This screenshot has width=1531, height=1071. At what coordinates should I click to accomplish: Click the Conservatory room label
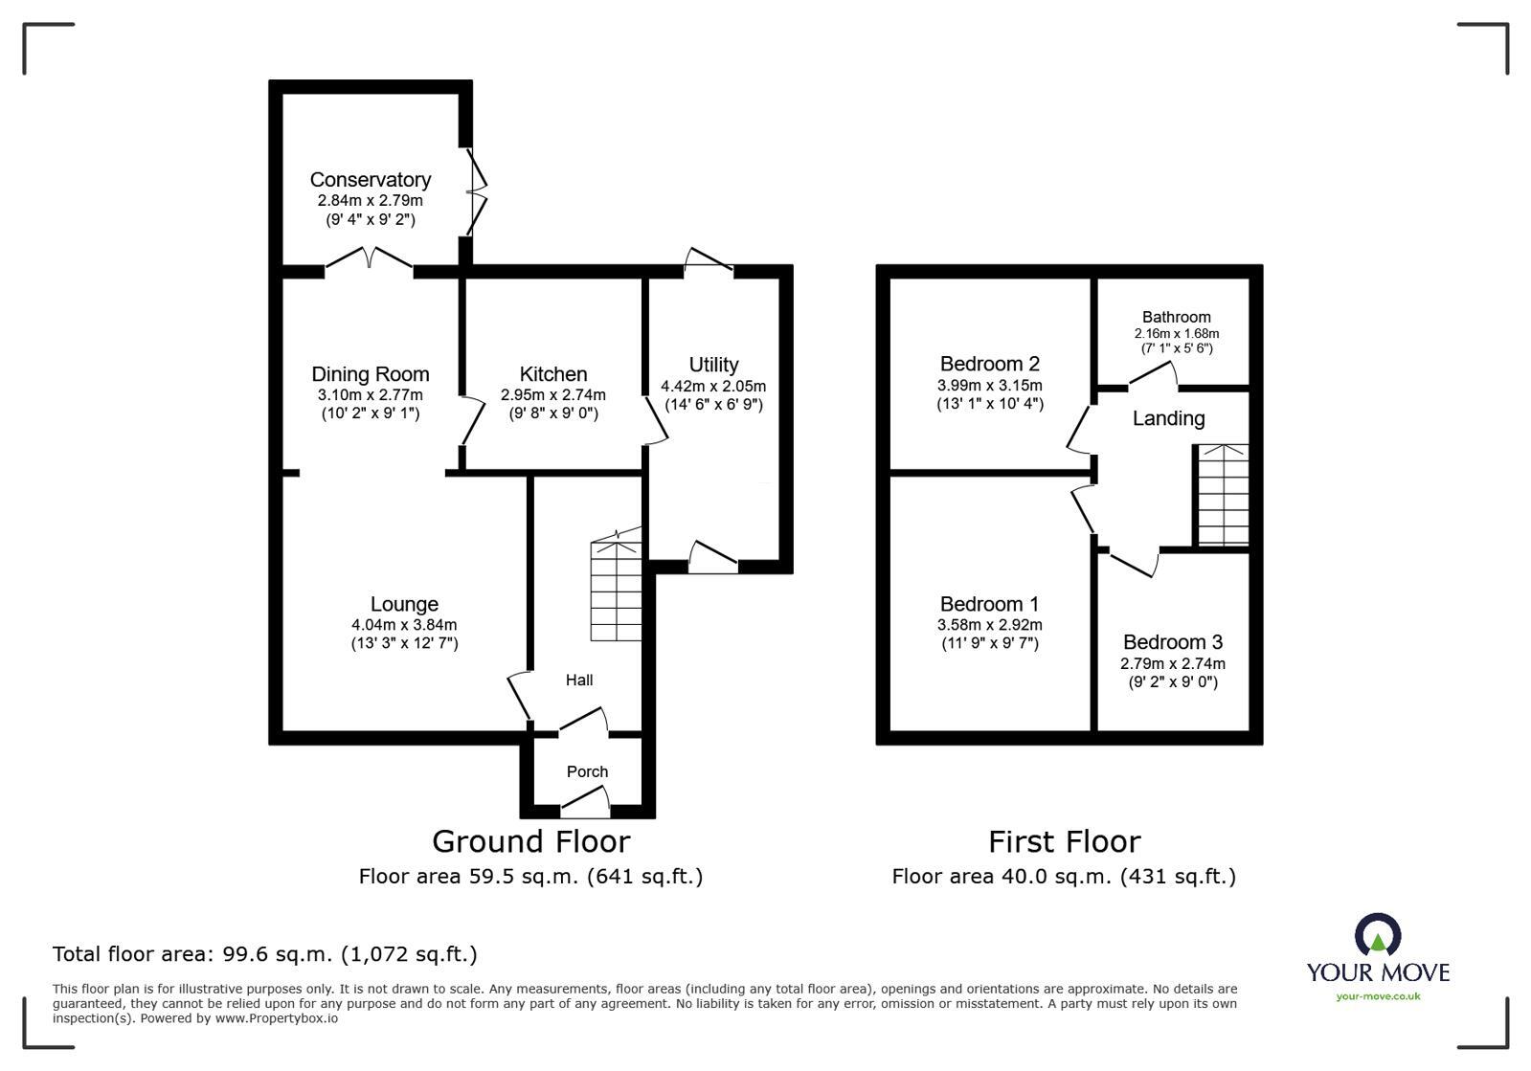pyautogui.click(x=370, y=180)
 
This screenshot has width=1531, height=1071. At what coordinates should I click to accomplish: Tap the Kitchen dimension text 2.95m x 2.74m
pyautogui.click(x=552, y=394)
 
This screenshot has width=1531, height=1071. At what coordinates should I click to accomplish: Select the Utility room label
pyautogui.click(x=713, y=365)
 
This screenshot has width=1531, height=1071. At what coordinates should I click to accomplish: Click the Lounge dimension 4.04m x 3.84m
pyautogui.click(x=404, y=624)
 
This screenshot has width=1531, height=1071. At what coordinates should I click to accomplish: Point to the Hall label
pyautogui.click(x=579, y=680)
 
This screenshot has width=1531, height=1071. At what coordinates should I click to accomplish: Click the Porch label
pyautogui.click(x=587, y=771)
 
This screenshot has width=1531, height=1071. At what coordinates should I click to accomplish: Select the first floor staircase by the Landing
pyautogui.click(x=1223, y=495)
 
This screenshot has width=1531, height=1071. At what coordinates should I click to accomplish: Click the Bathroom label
pyautogui.click(x=1176, y=317)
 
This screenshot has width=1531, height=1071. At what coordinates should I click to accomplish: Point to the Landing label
pyautogui.click(x=1168, y=418)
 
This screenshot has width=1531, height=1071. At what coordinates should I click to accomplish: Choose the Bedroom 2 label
pyautogui.click(x=989, y=364)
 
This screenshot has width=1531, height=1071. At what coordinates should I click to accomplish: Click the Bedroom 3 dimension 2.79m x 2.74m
pyautogui.click(x=1172, y=663)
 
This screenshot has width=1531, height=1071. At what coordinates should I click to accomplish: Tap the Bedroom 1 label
pyautogui.click(x=989, y=604)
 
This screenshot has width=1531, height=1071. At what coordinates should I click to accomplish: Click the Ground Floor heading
pyautogui.click(x=530, y=841)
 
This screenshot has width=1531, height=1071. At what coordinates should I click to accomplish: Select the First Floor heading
pyautogui.click(x=1064, y=841)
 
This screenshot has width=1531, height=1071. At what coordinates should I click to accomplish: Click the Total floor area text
pyautogui.click(x=264, y=954)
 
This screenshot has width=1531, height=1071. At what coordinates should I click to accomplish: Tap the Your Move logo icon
pyautogui.click(x=1377, y=934)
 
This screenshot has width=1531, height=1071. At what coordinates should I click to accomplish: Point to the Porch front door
pyautogui.click(x=586, y=801)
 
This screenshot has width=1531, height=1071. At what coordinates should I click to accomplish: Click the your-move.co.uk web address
pyautogui.click(x=1378, y=996)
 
